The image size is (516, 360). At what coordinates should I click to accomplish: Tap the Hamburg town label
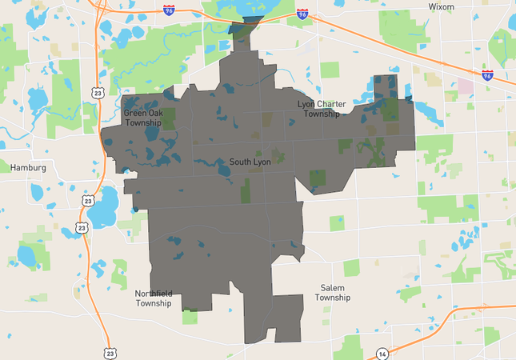tap(29, 168)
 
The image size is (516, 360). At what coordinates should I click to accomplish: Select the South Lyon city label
tap(250, 162)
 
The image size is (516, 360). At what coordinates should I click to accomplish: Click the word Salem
tap(333, 288)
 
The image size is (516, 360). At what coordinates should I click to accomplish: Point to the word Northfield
tap(154, 293)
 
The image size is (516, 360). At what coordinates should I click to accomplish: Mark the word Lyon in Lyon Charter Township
tap(306, 104)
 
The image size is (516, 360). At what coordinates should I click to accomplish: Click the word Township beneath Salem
tap(333, 298)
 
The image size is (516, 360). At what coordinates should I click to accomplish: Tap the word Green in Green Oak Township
tap(134, 114)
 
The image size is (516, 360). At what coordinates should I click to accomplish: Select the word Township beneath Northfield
tap(154, 303)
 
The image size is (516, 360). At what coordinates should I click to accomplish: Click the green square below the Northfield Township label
tap(190, 317)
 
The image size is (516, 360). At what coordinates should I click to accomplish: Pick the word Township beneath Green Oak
tap(142, 123)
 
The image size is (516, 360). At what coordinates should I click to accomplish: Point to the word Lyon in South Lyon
tap(262, 162)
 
